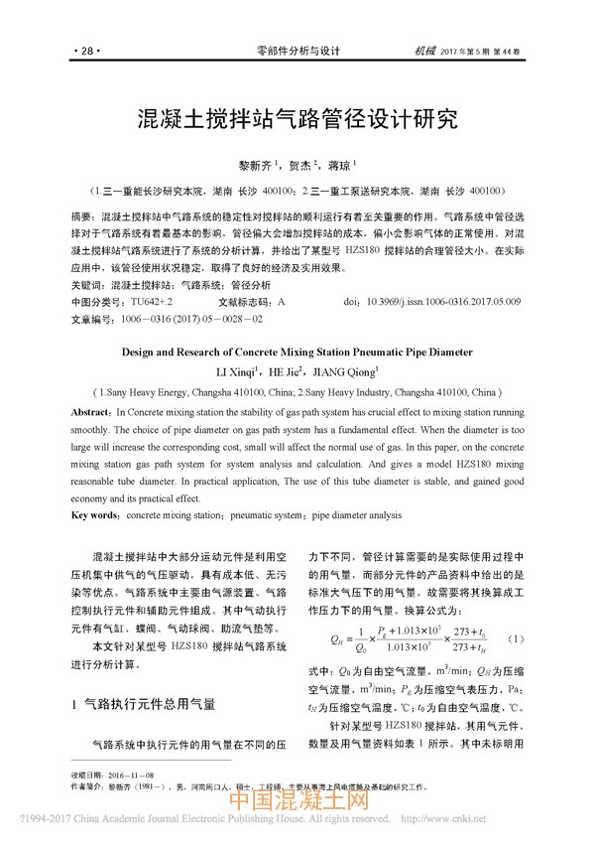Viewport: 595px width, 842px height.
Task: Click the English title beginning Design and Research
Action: tap(297, 351)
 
